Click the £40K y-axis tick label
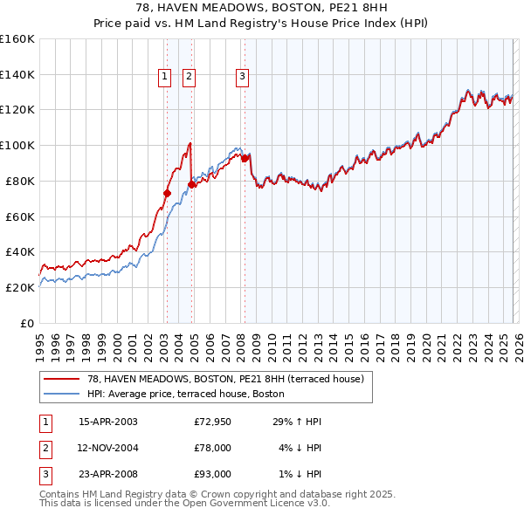(20, 251)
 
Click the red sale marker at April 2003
(167, 193)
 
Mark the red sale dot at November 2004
(191, 184)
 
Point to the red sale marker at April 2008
(245, 157)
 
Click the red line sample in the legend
(60, 379)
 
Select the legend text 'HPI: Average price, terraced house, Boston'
(186, 394)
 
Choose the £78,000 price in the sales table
(212, 448)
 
